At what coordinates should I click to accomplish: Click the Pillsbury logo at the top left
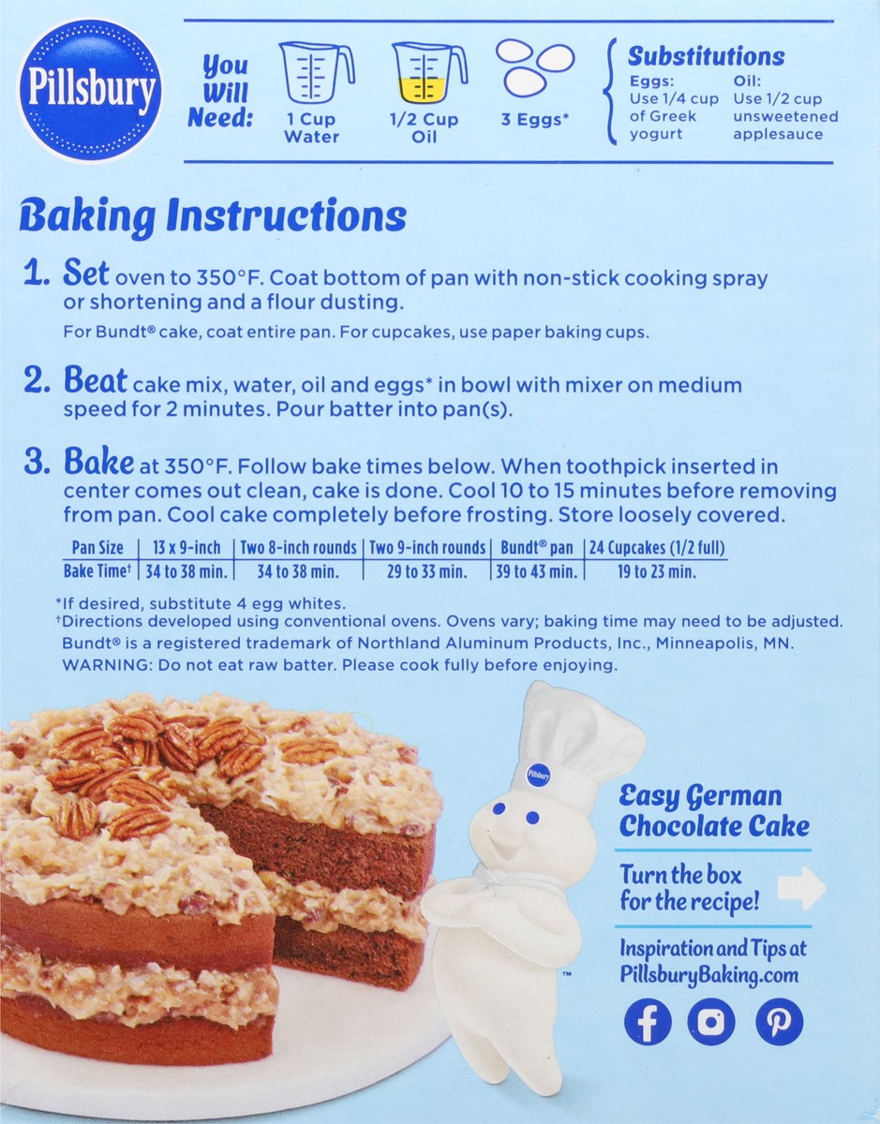coord(90,90)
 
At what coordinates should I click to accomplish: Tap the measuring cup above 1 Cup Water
coord(316,72)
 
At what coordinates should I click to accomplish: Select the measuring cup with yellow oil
coord(429,72)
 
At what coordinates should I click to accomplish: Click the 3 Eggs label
coord(534,120)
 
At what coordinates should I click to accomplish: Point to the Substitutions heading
coord(707,56)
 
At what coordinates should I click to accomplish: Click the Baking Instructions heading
coord(213,215)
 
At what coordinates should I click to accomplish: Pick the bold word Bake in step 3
coord(98,461)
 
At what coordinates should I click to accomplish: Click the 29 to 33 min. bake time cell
coord(427,571)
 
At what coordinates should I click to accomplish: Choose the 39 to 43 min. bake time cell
coord(536,571)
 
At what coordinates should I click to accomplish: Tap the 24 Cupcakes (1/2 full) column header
coord(657,548)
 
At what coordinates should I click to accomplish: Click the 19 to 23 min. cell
coord(657,571)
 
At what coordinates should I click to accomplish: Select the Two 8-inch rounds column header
coord(299,548)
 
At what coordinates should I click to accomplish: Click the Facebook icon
coord(648,1022)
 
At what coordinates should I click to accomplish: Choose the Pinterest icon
coord(780,1022)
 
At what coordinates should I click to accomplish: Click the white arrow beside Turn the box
coord(802,888)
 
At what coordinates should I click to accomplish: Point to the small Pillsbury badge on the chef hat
coord(538,776)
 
